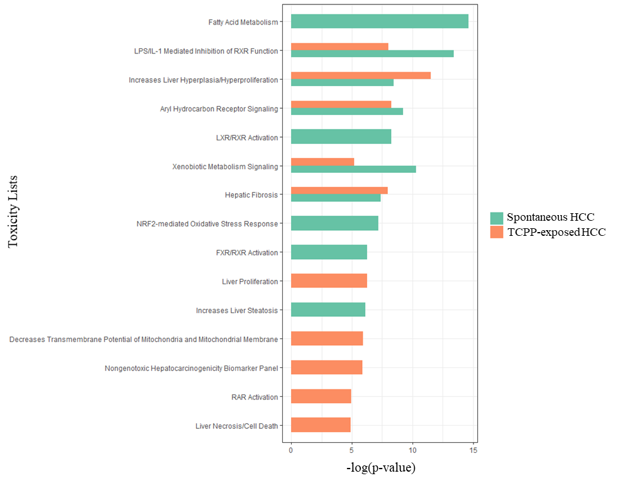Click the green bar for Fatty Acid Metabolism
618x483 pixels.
coord(379,21)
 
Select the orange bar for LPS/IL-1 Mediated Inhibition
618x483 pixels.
coord(339,47)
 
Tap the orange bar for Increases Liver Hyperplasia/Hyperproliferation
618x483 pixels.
coord(360,75)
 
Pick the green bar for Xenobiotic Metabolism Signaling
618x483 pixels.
coord(353,169)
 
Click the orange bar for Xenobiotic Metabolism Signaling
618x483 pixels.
coord(323,162)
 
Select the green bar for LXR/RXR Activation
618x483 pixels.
coord(341,136)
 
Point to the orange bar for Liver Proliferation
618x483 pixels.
coord(329,281)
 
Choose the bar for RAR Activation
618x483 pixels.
coord(321,397)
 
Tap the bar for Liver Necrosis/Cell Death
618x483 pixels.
coord(321,425)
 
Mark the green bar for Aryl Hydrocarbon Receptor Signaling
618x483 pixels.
coord(346,111)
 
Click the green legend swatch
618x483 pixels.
coord(497,218)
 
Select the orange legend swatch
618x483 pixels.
coord(497,232)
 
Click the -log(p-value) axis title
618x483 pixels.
coord(381,469)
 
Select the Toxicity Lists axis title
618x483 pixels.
coord(13,211)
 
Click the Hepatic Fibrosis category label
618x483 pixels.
coord(251,195)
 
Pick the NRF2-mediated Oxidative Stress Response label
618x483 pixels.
coord(207,224)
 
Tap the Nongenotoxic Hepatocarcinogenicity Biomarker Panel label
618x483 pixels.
coord(191,368)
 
